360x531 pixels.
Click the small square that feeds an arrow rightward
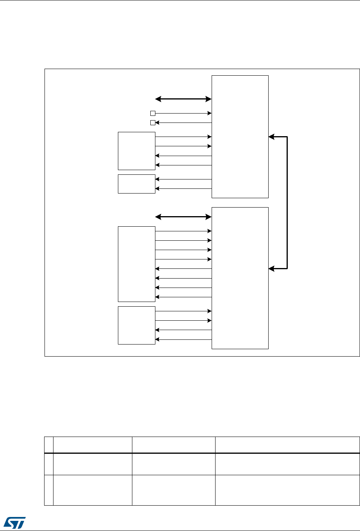153,114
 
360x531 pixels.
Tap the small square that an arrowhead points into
153,123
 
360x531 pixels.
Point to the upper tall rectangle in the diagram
240,137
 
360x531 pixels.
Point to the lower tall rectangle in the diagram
240,278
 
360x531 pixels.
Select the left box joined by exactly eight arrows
136,264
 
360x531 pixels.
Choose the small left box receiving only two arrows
136,184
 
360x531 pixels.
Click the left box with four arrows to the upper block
136,151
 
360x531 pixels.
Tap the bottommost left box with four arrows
136,325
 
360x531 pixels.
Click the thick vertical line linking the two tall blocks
287,203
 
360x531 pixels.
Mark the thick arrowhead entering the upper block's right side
272,137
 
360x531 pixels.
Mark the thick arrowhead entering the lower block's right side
272,269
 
